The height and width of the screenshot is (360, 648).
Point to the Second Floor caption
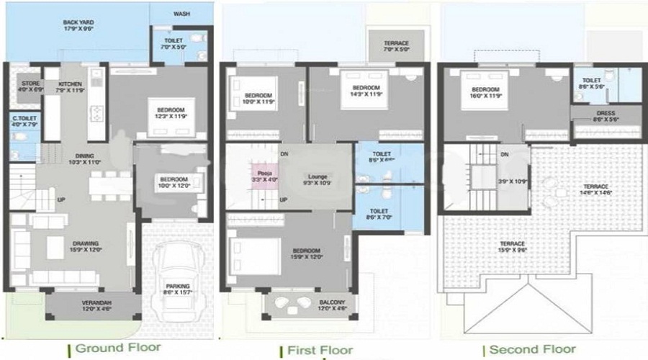coord(534,349)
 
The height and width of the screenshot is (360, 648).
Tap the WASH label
coord(182,13)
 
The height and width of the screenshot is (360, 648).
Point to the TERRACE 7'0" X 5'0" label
coord(395,48)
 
